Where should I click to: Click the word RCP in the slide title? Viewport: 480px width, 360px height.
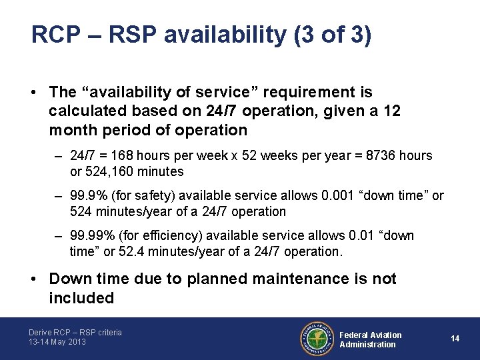[x=51, y=35]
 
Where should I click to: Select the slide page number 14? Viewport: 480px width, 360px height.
[x=455, y=339]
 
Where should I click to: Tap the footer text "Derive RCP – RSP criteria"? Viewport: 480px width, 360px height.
[x=75, y=332]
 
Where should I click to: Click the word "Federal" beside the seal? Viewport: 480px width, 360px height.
[x=355, y=335]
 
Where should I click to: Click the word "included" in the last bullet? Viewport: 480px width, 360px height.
[x=81, y=298]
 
